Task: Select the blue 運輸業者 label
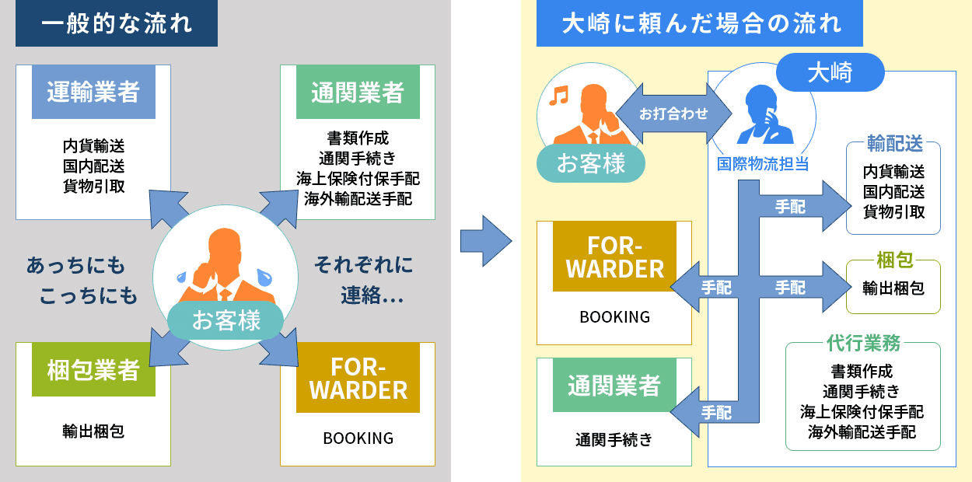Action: point(93,93)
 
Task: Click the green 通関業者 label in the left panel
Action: point(358,93)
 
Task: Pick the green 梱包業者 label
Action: point(93,370)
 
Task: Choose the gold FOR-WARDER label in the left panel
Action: point(358,378)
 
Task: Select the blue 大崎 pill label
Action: point(830,72)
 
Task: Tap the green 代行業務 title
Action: point(863,343)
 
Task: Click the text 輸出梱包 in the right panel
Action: point(893,288)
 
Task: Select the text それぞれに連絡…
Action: point(364,280)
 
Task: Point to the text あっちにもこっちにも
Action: point(82,280)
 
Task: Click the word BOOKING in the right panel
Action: point(614,317)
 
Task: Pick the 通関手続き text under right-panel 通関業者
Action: point(614,440)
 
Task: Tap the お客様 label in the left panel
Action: point(226,320)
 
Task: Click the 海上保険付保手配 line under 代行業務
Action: point(862,411)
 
